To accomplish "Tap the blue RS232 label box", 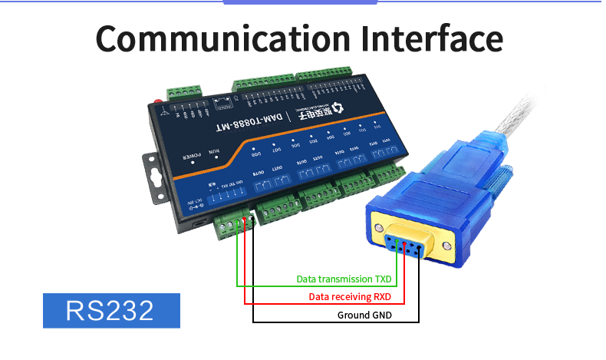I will [x=111, y=310].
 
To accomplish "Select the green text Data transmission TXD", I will [x=344, y=279].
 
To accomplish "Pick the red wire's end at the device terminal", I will [x=245, y=223].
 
